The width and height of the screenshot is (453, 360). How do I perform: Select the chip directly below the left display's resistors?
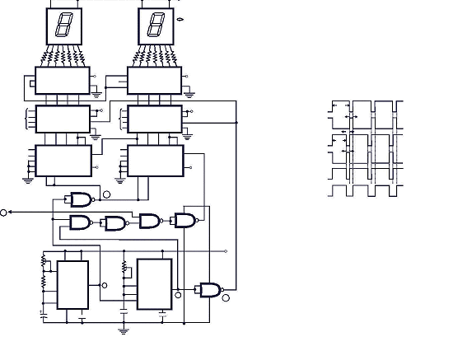pos(63,81)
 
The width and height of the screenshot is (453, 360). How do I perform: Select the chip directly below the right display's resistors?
pos(154,81)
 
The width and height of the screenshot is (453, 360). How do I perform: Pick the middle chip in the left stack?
pos(63,119)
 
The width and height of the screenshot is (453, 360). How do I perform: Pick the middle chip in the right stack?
pos(155,119)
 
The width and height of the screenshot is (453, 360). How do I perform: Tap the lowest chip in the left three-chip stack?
pos(63,160)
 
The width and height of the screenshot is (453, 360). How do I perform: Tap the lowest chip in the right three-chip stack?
pos(155,160)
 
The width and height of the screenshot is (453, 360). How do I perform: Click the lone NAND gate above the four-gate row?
pos(82,199)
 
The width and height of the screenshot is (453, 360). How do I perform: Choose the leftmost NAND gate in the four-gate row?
pos(81,222)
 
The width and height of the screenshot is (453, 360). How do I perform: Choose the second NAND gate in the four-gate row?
pos(114,223)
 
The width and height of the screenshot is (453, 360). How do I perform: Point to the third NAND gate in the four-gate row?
pos(150,221)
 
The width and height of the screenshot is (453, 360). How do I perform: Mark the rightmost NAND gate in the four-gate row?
pos(184,220)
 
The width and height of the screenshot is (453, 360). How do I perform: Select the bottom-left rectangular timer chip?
pos(72,285)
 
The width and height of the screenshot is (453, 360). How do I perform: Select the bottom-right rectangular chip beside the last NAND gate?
pos(154,284)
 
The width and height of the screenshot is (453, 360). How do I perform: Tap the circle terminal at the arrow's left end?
pos(4,213)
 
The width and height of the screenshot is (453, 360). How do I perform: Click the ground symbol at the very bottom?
pos(124,330)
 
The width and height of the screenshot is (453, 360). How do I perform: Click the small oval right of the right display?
pos(180,17)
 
